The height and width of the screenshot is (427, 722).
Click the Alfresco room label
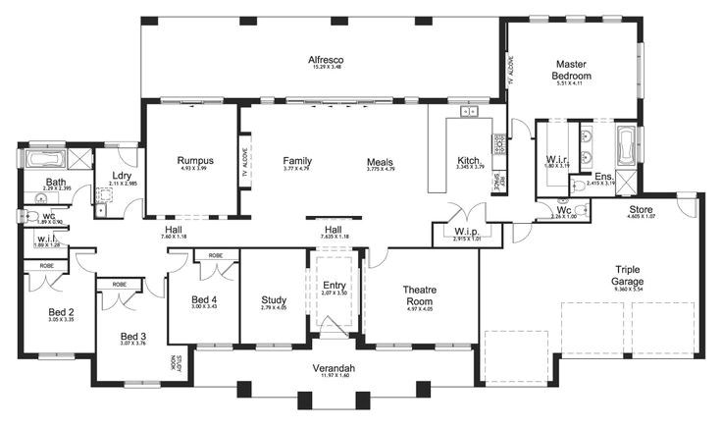(322, 60)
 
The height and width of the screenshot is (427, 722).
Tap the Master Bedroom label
(572, 69)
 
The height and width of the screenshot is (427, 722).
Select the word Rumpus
(195, 160)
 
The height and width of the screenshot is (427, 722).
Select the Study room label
(273, 300)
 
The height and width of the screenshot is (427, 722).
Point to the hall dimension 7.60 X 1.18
(172, 238)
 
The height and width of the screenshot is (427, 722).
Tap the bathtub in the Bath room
(45, 159)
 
